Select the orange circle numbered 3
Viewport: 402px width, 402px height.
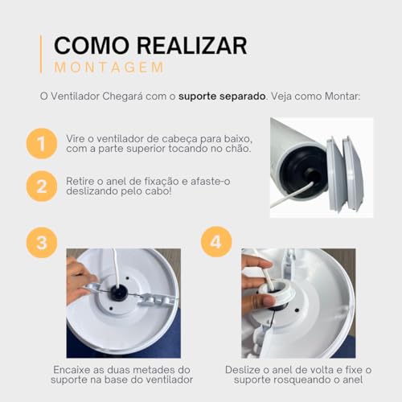[41, 241]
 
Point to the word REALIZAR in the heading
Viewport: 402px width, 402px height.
[192, 43]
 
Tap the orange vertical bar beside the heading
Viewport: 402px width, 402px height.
[40, 54]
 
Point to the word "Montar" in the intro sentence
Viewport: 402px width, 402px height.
[339, 96]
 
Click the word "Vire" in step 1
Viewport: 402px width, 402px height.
[77, 138]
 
